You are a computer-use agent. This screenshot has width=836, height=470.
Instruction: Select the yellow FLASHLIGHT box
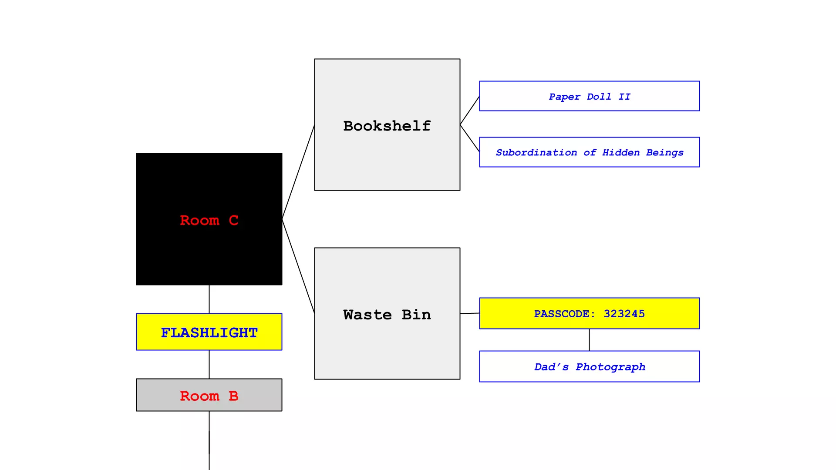click(209, 332)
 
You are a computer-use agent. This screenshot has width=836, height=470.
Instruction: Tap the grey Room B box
click(209, 395)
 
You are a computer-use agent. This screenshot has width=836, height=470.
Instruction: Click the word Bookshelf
click(387, 126)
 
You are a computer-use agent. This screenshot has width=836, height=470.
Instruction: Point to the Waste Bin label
click(387, 315)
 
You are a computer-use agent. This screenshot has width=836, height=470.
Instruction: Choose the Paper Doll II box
click(589, 96)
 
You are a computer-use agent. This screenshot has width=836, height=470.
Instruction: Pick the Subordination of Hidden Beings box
click(589, 152)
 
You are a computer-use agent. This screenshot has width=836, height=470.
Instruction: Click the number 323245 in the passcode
click(624, 314)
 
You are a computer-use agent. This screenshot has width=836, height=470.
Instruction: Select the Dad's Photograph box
click(589, 367)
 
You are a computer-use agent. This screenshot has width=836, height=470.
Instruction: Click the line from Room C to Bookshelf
click(298, 172)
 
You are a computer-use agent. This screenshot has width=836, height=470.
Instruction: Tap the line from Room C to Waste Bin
click(298, 266)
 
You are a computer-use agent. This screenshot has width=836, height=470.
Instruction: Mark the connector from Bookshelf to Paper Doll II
click(470, 111)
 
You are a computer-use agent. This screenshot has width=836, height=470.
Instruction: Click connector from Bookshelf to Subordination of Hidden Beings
click(470, 138)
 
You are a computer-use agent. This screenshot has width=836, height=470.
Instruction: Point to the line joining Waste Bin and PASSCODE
click(470, 313)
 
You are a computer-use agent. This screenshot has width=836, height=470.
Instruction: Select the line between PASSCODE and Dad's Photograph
click(589, 340)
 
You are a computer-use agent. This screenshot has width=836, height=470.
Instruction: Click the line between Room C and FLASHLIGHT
click(209, 299)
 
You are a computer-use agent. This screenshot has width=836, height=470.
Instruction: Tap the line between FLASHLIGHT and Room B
click(209, 364)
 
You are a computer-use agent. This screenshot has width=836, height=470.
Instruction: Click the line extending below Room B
click(209, 440)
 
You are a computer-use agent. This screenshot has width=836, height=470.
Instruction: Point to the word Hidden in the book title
click(620, 152)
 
